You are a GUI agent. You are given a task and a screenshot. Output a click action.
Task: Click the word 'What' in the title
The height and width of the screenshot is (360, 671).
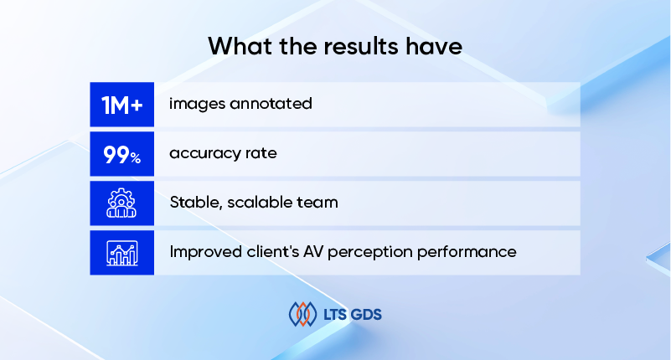(x=240, y=46)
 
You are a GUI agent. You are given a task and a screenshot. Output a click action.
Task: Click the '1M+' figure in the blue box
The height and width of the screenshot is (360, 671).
(x=122, y=105)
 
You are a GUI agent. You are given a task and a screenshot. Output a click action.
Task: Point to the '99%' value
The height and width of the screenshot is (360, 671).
(x=122, y=154)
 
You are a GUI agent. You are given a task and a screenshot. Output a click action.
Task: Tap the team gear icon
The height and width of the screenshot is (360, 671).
(x=121, y=203)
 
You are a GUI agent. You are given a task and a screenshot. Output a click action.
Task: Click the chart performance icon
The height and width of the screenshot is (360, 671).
(x=122, y=253)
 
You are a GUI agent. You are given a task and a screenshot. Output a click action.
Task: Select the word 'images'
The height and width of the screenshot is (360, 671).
(x=196, y=105)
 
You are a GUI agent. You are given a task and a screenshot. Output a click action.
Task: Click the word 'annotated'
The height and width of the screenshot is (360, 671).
(x=271, y=104)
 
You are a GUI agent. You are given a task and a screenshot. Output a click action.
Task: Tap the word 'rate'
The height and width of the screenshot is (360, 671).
(x=261, y=153)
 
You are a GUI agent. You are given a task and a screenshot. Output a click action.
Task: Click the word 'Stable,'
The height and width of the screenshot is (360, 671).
(x=195, y=203)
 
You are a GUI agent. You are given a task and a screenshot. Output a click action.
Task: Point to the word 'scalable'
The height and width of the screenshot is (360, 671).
(x=255, y=202)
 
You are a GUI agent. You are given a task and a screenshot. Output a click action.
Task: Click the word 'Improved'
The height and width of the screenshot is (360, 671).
(x=205, y=252)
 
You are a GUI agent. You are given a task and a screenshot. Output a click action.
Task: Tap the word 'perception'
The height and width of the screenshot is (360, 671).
(x=369, y=252)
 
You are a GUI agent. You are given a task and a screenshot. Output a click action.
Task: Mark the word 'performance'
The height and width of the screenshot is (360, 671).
(x=467, y=252)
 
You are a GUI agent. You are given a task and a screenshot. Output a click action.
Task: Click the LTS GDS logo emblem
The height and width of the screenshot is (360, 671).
(x=302, y=314)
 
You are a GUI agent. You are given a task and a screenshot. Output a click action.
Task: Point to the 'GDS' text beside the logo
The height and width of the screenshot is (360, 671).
(x=366, y=315)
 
